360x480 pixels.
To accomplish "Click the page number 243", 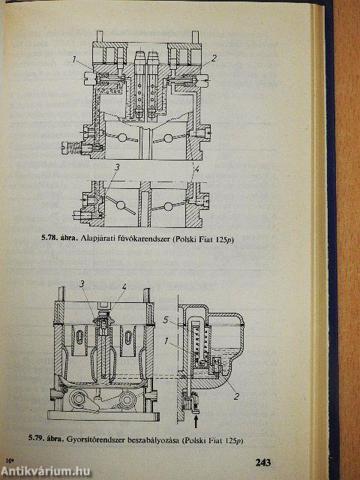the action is (263, 462).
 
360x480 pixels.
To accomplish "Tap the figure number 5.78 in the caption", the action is (48, 238).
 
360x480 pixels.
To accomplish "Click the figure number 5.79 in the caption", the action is (35, 438).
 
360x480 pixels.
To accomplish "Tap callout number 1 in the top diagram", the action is (74, 59).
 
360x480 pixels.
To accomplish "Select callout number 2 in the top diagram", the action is (214, 58).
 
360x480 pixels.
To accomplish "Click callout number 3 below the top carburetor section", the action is (117, 167).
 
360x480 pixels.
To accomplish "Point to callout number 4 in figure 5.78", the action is (196, 168).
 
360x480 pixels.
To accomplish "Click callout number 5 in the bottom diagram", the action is (166, 320).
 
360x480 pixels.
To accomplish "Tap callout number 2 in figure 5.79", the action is (236, 397).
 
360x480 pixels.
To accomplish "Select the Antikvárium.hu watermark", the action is (45, 472).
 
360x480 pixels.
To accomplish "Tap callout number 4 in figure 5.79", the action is (124, 287).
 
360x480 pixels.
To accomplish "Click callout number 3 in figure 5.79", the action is (82, 284).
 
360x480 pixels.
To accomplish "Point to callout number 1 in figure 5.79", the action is (166, 340).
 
